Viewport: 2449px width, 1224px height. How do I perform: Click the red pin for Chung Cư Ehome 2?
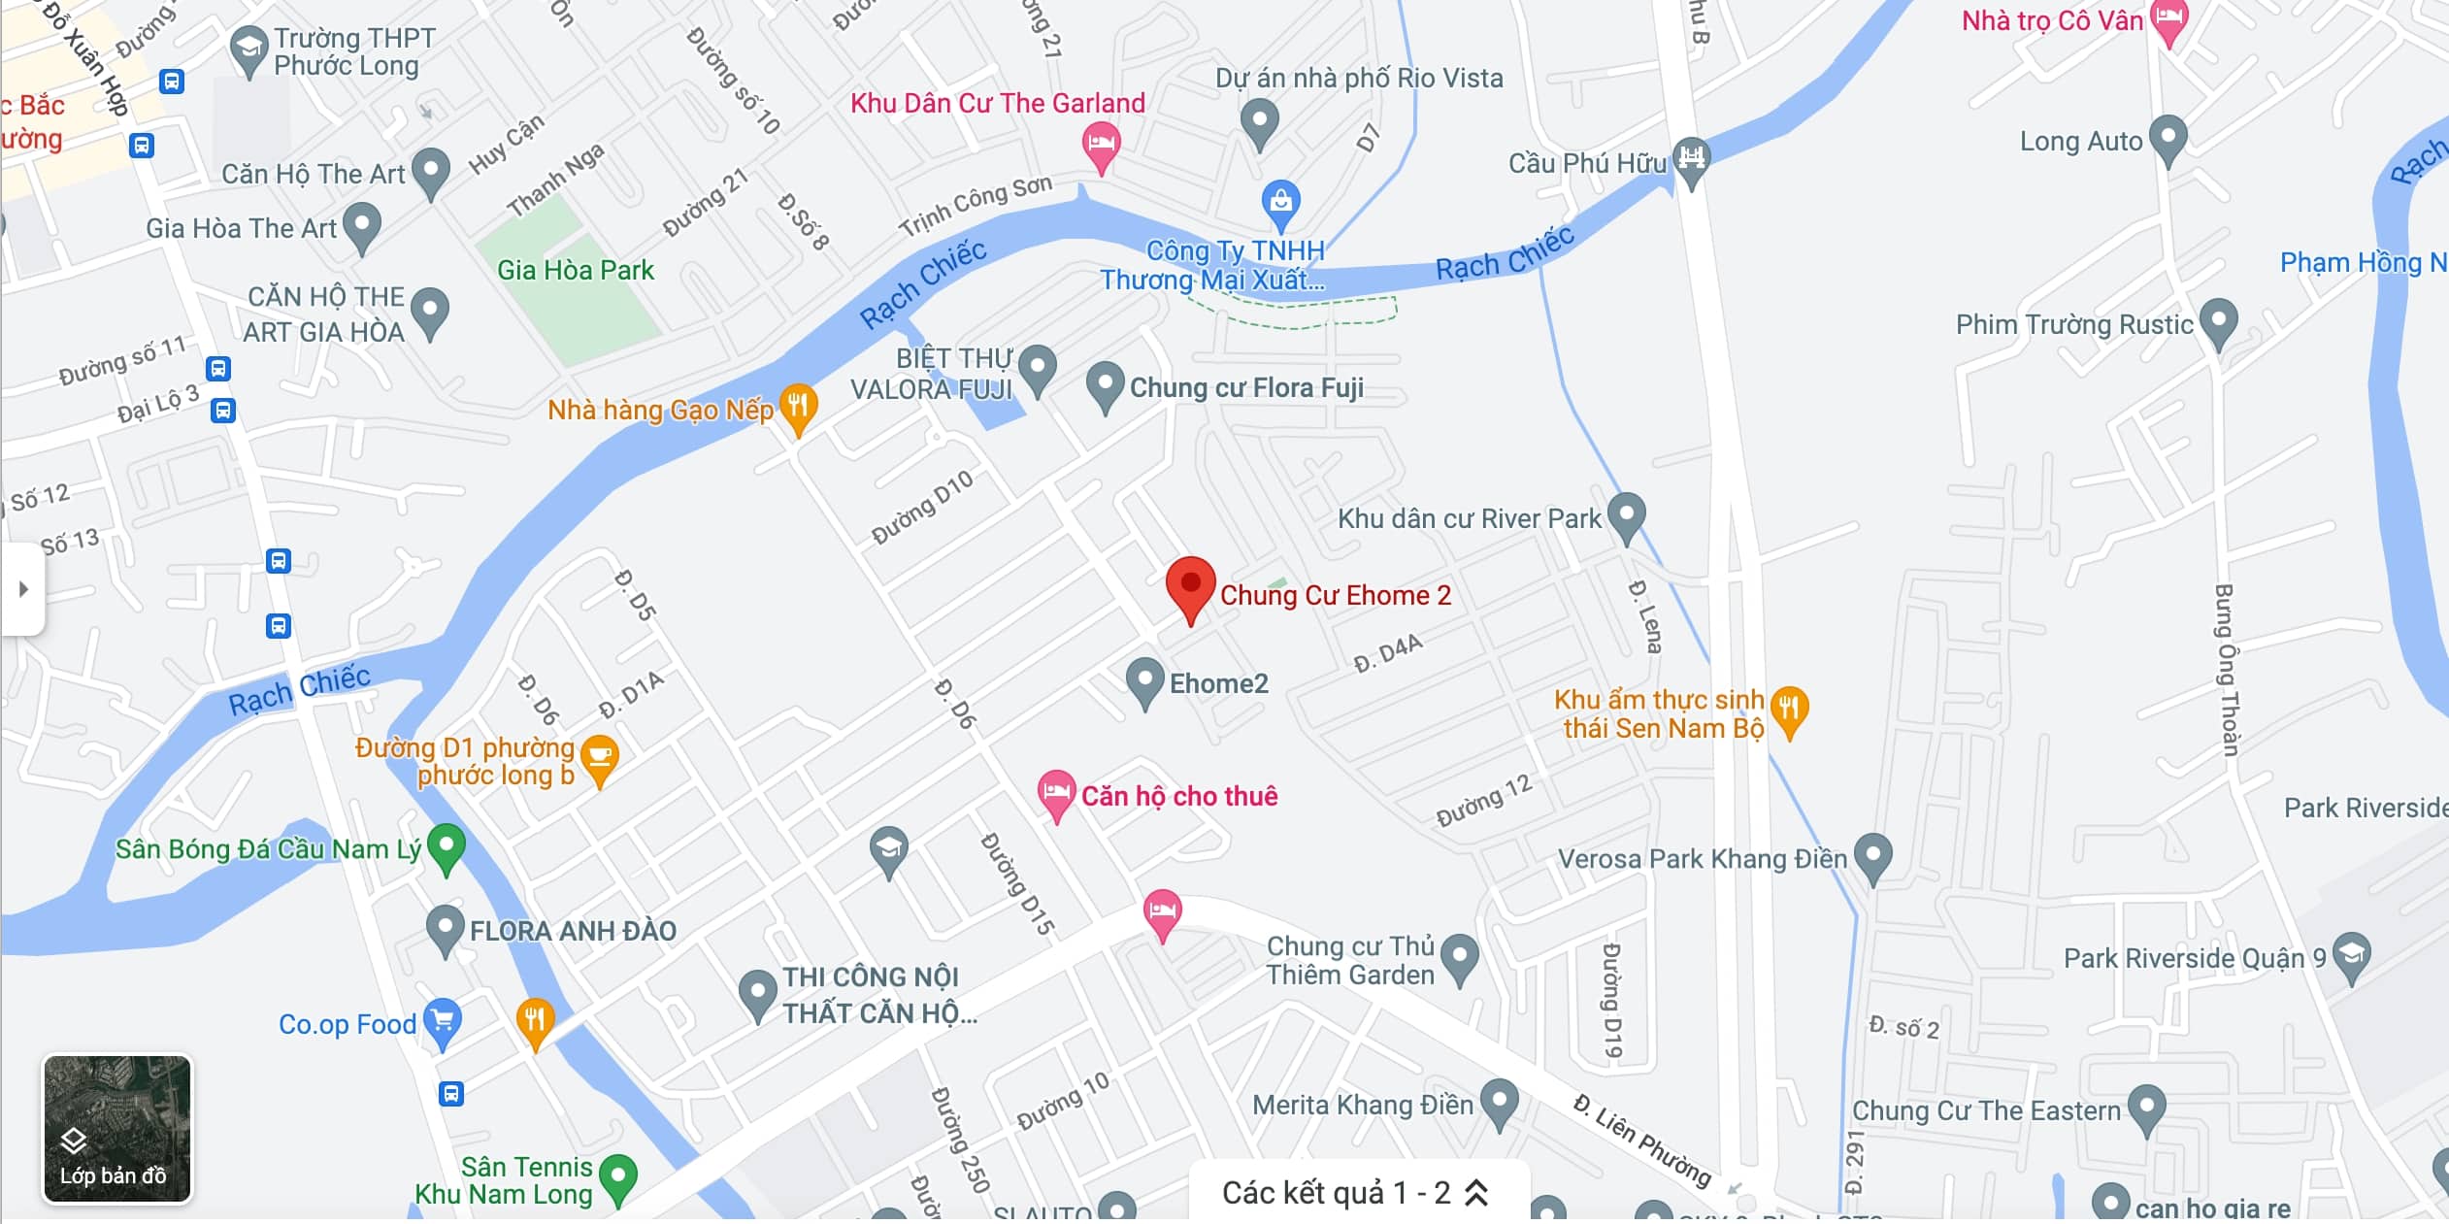tap(1190, 586)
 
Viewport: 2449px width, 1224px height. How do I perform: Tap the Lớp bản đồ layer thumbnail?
tap(117, 1129)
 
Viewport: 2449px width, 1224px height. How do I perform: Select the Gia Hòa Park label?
tap(576, 270)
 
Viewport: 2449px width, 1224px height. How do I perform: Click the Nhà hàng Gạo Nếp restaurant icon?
tap(798, 406)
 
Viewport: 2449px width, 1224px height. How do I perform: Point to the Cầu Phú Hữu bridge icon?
tap(1691, 156)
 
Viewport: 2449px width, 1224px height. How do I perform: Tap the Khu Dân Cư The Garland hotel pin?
tap(1101, 145)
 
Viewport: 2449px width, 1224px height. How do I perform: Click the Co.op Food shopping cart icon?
tap(443, 1021)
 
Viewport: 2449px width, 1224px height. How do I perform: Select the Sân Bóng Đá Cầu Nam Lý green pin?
tap(447, 846)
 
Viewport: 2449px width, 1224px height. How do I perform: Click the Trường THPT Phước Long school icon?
tap(248, 49)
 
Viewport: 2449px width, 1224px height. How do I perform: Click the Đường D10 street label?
tap(921, 507)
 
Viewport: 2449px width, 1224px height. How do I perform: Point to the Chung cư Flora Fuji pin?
tap(1105, 384)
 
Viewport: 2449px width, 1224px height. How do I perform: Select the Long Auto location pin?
tap(2168, 138)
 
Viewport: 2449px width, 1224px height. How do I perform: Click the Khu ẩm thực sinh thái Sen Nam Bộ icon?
tap(1789, 710)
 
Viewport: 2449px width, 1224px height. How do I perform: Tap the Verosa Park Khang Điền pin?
tap(1872, 856)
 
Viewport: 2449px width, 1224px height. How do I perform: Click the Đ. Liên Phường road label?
tap(1640, 1140)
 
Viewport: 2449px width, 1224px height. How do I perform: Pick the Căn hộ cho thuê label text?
tap(1179, 796)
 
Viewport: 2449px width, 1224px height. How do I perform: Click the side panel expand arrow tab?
tap(23, 589)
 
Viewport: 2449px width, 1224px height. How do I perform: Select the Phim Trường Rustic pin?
tap(2218, 321)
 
